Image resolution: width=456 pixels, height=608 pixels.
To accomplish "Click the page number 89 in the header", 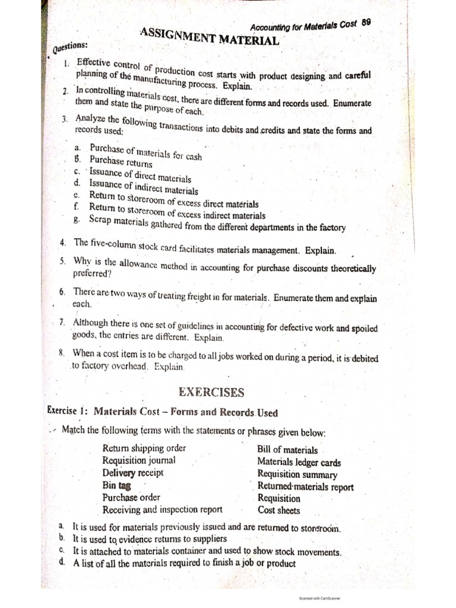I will [366, 22].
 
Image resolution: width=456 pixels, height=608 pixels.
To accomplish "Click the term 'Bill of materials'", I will [287, 450].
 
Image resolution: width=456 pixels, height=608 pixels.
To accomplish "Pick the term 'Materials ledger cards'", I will [299, 462].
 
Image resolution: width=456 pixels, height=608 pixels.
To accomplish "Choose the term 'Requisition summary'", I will [297, 474].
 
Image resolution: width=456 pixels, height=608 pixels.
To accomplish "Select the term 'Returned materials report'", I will [305, 487].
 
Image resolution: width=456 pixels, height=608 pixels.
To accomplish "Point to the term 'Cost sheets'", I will [278, 510].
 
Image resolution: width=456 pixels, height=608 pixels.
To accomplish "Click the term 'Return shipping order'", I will [144, 448].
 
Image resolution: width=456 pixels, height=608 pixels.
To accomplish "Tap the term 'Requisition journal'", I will [138, 460].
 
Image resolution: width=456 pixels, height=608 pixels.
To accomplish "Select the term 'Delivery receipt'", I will [132, 473].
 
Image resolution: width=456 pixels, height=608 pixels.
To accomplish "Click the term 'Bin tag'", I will [116, 485].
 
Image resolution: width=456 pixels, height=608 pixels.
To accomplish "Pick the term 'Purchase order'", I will [131, 497].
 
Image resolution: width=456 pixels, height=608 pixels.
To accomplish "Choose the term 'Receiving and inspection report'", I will [162, 509].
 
